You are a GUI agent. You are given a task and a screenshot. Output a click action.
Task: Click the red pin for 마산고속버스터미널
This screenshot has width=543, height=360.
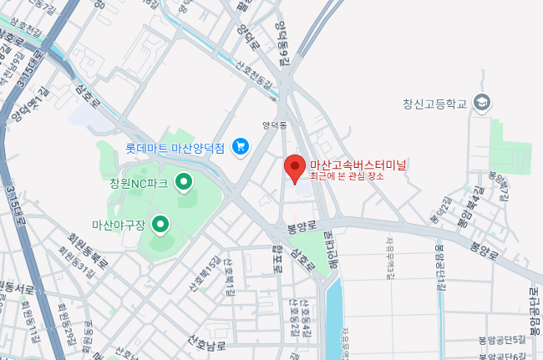pyautogui.click(x=293, y=166)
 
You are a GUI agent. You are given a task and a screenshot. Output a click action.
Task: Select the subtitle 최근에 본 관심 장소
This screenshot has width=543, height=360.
pyautogui.click(x=347, y=176)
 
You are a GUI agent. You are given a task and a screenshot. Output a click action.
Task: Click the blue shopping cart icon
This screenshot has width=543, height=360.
pyautogui.click(x=241, y=147)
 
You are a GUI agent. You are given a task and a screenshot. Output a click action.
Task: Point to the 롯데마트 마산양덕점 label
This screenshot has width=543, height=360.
pyautogui.click(x=175, y=148)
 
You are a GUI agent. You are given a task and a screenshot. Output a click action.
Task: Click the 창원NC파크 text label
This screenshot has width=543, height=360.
pyautogui.click(x=139, y=183)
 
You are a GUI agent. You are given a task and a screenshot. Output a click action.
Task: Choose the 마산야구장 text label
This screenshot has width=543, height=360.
pyautogui.click(x=119, y=225)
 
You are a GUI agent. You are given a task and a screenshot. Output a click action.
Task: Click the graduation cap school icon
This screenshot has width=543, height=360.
pyautogui.click(x=482, y=104)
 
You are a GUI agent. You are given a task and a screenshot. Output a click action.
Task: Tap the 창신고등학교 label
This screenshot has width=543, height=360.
pyautogui.click(x=435, y=104)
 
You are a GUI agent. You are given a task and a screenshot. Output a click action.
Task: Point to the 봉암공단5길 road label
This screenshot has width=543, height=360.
pyautogui.click(x=501, y=339)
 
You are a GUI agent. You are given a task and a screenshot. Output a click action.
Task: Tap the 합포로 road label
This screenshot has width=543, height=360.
pyautogui.click(x=277, y=260)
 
